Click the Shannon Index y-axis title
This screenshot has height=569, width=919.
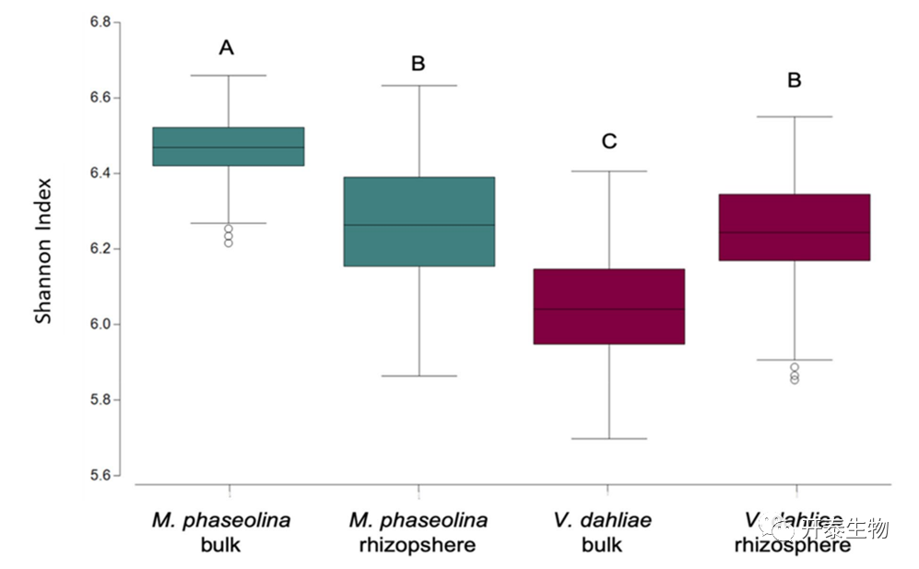pyautogui.click(x=43, y=250)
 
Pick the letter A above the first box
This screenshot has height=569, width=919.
pyautogui.click(x=226, y=48)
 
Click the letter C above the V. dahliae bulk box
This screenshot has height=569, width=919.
pyautogui.click(x=608, y=141)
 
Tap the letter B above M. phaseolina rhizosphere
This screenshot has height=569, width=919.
pyautogui.click(x=418, y=64)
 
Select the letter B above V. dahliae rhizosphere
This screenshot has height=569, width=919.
pyautogui.click(x=794, y=80)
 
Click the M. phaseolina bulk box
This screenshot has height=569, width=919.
pyautogui.click(x=228, y=147)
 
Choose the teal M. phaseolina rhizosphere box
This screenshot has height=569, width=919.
pyautogui.click(x=418, y=221)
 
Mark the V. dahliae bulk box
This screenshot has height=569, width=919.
pyautogui.click(x=608, y=306)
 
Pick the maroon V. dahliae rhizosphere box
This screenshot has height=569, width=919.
pyautogui.click(x=794, y=228)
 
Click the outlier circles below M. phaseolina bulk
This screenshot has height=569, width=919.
pyautogui.click(x=228, y=235)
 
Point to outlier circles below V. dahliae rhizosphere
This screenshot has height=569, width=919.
pyautogui.click(x=794, y=373)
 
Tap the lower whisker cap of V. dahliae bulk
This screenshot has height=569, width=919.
pyautogui.click(x=608, y=439)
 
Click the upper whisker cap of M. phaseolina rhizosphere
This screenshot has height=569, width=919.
pyautogui.click(x=418, y=86)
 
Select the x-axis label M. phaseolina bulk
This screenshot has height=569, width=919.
pyautogui.click(x=221, y=532)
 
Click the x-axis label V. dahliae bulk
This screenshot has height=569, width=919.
pyautogui.click(x=603, y=532)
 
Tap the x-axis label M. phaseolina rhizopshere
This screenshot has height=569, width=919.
pyautogui.click(x=418, y=532)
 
